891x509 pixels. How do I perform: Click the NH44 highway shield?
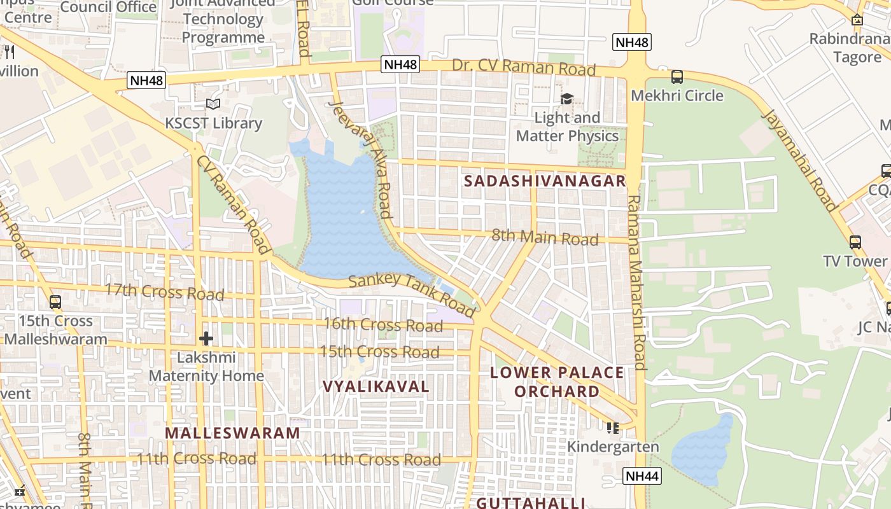642,476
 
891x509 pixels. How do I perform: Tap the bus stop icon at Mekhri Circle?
677,77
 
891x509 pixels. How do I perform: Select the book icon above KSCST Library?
213,104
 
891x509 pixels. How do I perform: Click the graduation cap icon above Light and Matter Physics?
566,99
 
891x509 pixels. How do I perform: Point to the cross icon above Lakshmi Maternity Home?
206,338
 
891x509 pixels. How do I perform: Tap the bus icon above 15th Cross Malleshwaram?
55,302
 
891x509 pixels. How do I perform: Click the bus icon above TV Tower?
855,242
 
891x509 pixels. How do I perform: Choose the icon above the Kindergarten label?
612,428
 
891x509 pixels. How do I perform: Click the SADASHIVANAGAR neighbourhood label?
545,181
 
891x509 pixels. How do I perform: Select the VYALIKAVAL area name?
376,387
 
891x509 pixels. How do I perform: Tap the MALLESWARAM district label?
232,433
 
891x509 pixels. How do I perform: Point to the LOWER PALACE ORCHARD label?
557,382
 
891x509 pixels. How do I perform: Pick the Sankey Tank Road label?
412,294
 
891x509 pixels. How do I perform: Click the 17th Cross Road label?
164,293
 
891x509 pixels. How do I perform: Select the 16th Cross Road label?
382,325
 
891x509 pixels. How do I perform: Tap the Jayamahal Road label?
799,160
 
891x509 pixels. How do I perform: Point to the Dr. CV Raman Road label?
524,67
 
